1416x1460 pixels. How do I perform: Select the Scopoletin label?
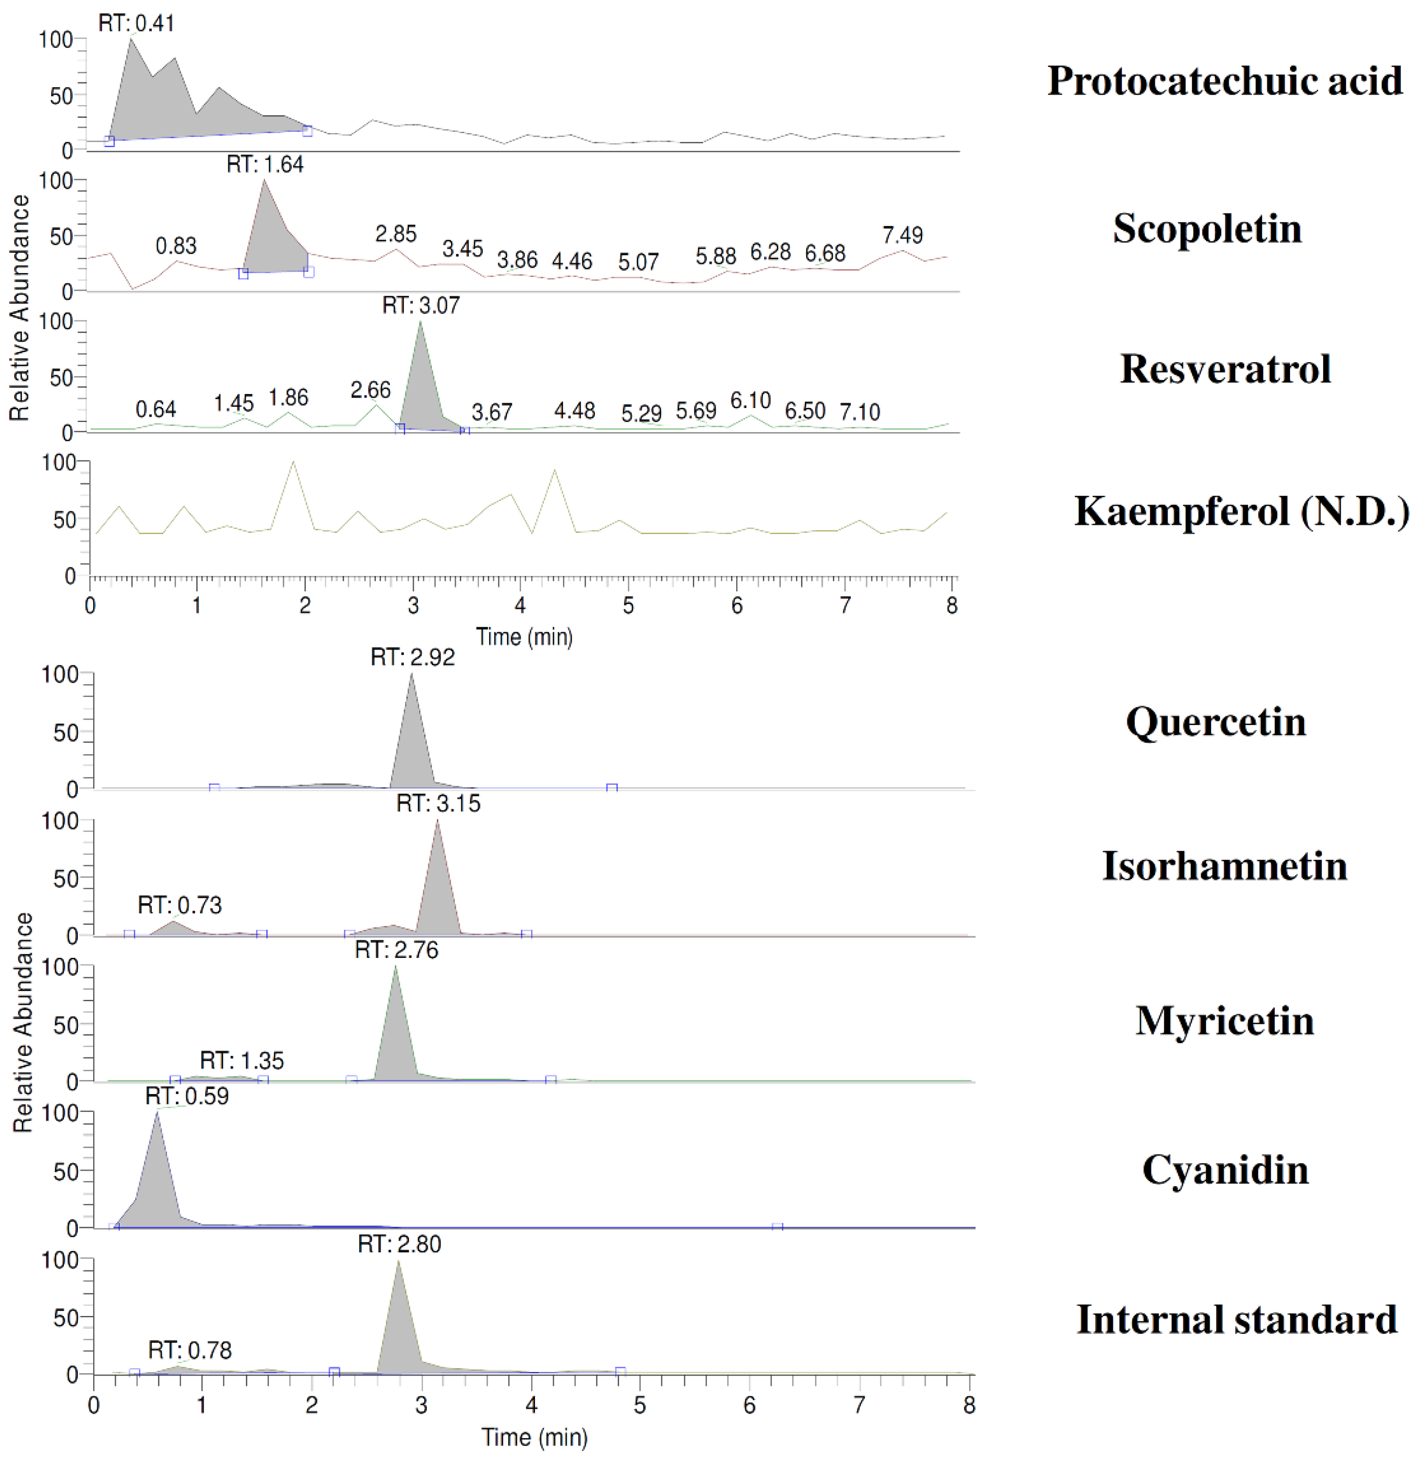click(1207, 229)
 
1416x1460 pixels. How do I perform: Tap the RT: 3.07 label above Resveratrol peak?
click(421, 306)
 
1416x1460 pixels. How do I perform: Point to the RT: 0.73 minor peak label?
click(179, 905)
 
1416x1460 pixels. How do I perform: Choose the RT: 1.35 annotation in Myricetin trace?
click(242, 1060)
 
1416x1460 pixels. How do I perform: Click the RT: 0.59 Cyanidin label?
click(187, 1096)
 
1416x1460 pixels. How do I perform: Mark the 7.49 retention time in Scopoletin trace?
click(902, 236)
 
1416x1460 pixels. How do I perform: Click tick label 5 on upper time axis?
click(628, 605)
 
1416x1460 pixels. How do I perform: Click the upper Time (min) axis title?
click(524, 637)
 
